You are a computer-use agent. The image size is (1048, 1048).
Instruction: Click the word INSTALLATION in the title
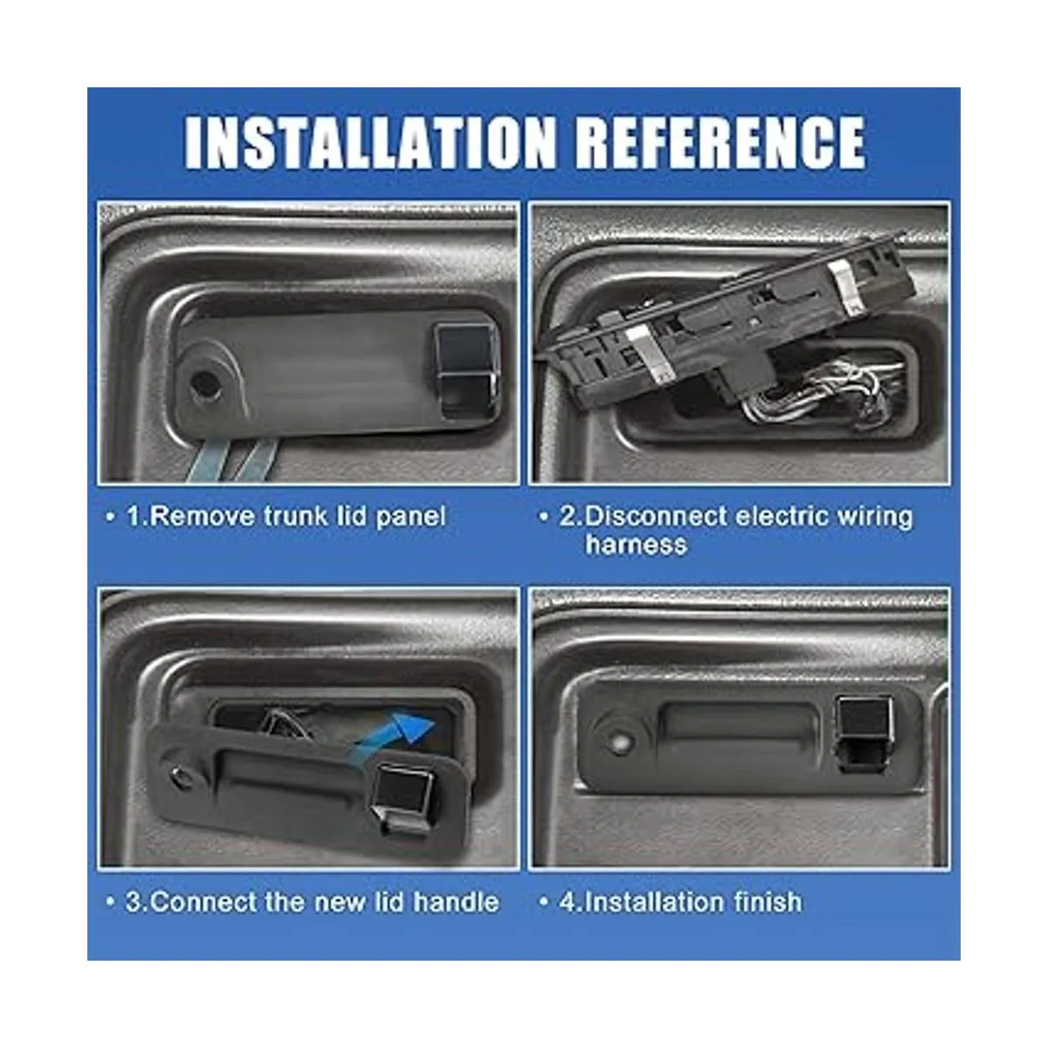(x=369, y=143)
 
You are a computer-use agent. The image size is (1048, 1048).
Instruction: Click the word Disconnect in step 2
(x=656, y=516)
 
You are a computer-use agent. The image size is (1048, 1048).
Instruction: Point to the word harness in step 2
(x=637, y=544)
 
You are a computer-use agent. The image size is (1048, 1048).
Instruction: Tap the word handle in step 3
(x=456, y=902)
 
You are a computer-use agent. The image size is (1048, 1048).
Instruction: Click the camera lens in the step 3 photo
(x=178, y=774)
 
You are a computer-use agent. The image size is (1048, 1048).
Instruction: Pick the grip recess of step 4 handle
(x=739, y=728)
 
